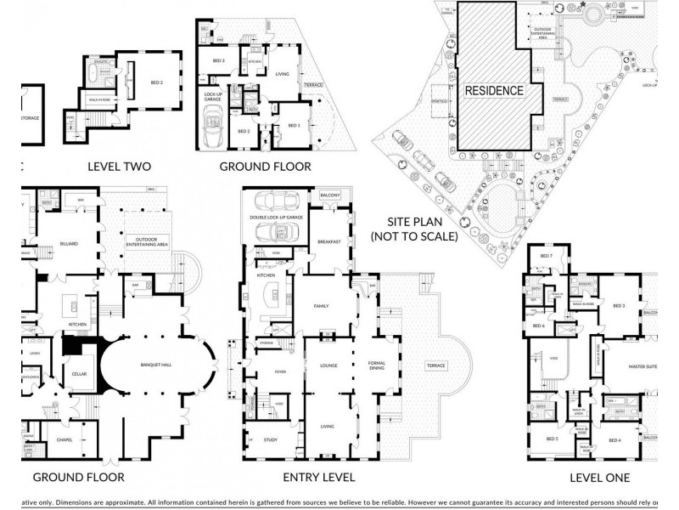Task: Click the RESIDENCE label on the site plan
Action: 493,89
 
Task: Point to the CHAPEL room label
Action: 64,439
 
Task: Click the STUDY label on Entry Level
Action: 271,439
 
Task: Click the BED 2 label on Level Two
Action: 156,82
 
